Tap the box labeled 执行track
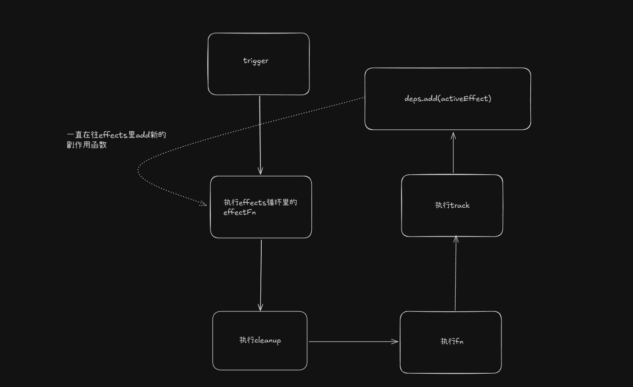coord(452,220)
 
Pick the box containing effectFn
coord(261,225)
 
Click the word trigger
coord(256,61)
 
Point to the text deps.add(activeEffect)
coord(447,98)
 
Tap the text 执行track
coord(452,205)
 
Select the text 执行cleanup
coord(260,340)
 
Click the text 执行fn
coord(451,341)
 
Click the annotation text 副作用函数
coord(87,145)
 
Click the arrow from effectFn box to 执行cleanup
coord(261,275)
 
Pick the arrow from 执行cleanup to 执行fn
coord(353,341)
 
